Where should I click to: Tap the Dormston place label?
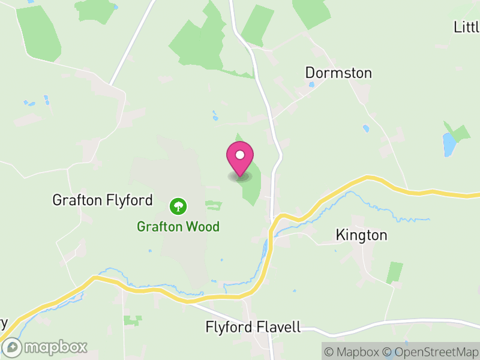(338, 73)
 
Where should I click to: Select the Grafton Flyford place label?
(103, 200)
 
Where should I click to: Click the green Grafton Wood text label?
(178, 227)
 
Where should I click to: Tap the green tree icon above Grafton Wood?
(178, 207)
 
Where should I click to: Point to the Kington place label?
(362, 235)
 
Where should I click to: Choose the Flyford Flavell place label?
(253, 328)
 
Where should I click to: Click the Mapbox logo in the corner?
(46, 347)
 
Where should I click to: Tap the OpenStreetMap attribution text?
(431, 351)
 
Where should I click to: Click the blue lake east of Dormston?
(449, 145)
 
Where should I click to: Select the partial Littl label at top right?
(467, 27)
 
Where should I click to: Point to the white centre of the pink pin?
(240, 155)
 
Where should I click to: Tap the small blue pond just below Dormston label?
(311, 85)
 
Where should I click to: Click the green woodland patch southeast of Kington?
(395, 272)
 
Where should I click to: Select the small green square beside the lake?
(461, 133)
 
